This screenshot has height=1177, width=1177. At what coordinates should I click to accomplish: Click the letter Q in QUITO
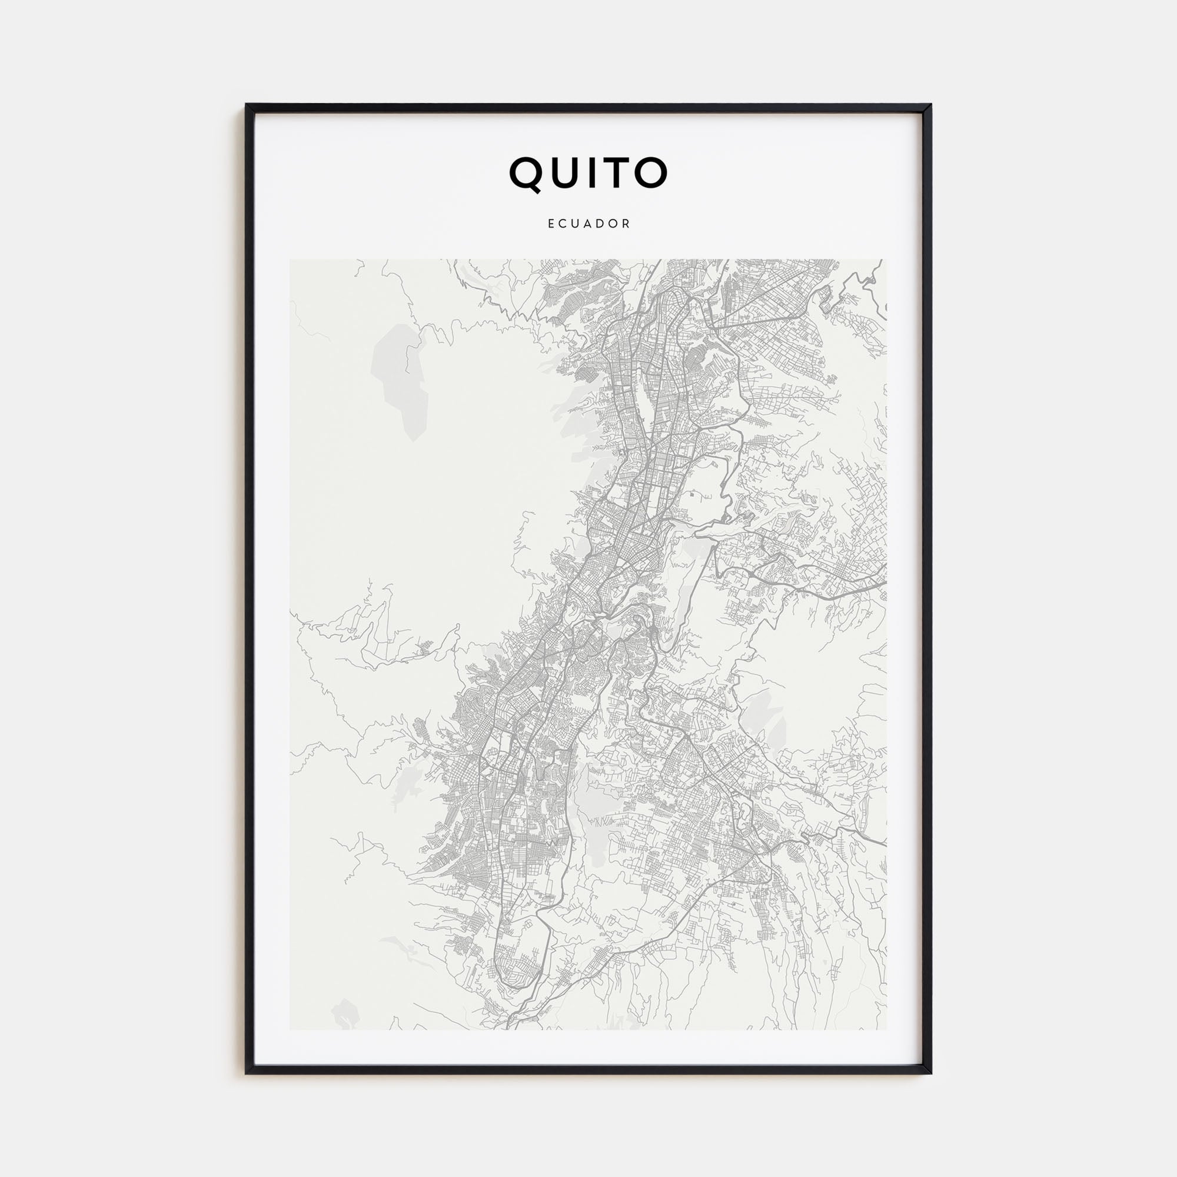(527, 173)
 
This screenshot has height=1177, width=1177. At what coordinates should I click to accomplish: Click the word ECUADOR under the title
(589, 224)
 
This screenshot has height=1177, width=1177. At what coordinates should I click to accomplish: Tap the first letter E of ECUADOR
(551, 224)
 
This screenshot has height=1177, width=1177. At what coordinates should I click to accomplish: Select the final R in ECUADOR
(627, 224)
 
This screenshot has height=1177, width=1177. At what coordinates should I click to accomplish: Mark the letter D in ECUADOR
(601, 224)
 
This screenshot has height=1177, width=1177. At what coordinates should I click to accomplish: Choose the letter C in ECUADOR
(562, 224)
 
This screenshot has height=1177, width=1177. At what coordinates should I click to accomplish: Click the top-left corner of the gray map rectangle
(290, 260)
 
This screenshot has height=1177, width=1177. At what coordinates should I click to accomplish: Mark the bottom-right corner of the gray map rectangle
(886, 1029)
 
